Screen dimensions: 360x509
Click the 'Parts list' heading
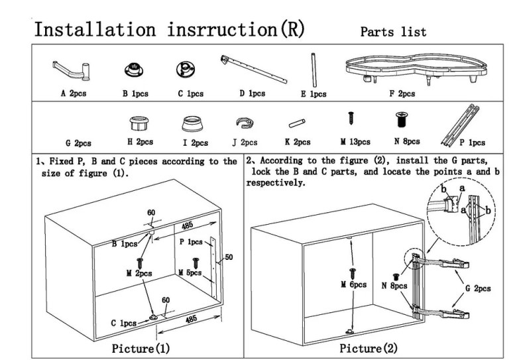(x=393, y=32)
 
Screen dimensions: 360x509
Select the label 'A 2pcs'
(x=73, y=94)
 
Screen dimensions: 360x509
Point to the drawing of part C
(x=184, y=68)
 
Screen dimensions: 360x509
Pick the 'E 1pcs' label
(x=313, y=95)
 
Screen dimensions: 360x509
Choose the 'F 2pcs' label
(x=402, y=94)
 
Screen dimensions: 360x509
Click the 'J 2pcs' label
(x=245, y=142)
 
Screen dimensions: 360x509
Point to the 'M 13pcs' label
(x=355, y=141)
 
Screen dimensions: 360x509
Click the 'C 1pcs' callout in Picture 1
(x=123, y=323)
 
